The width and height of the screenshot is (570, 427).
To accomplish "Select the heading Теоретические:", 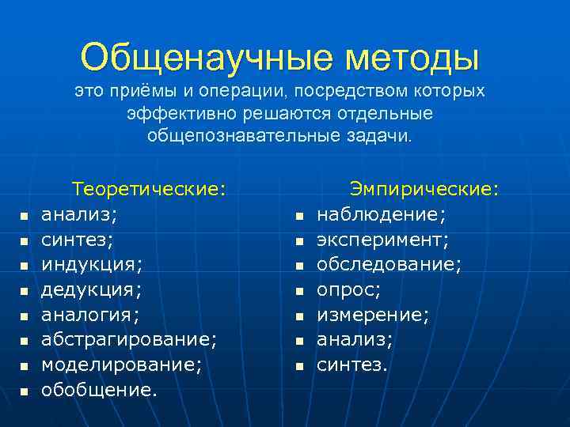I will pos(149,189).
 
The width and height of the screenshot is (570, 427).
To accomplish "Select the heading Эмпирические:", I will pos(425,189).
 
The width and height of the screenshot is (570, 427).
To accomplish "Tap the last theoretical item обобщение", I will pos(99,390).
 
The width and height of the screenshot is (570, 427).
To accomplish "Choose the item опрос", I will pos(349,289).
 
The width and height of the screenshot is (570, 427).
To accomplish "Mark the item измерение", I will pos(373,315).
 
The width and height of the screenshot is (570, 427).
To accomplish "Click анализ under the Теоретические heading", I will pos(78,214).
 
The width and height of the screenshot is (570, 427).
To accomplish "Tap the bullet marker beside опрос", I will pos(299,292).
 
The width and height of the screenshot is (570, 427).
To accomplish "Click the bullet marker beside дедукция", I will pos(25,292).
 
